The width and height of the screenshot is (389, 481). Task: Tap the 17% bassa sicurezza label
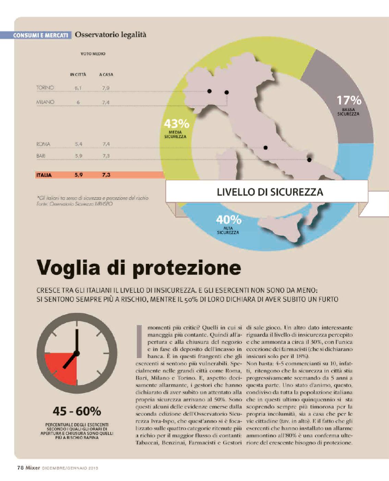349,105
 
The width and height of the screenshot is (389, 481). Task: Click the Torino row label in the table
45,88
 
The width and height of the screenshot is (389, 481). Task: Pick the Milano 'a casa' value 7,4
106,102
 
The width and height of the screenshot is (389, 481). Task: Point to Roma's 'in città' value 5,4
78,144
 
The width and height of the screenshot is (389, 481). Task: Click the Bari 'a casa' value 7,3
106,156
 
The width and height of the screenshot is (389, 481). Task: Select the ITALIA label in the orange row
44,175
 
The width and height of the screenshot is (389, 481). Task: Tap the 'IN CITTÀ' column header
78,74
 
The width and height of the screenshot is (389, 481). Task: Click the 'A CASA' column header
106,74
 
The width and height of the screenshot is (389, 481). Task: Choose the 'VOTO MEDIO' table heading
93,54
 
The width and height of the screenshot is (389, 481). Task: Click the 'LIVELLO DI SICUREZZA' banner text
270,192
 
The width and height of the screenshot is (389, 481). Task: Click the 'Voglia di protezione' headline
138,268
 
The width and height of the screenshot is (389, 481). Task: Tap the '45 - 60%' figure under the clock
77,411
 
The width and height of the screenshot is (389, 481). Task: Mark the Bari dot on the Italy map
309,160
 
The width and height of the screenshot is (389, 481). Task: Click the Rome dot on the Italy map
265,148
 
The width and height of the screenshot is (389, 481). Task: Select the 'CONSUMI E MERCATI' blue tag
40,35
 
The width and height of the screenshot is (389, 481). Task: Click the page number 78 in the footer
20,468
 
